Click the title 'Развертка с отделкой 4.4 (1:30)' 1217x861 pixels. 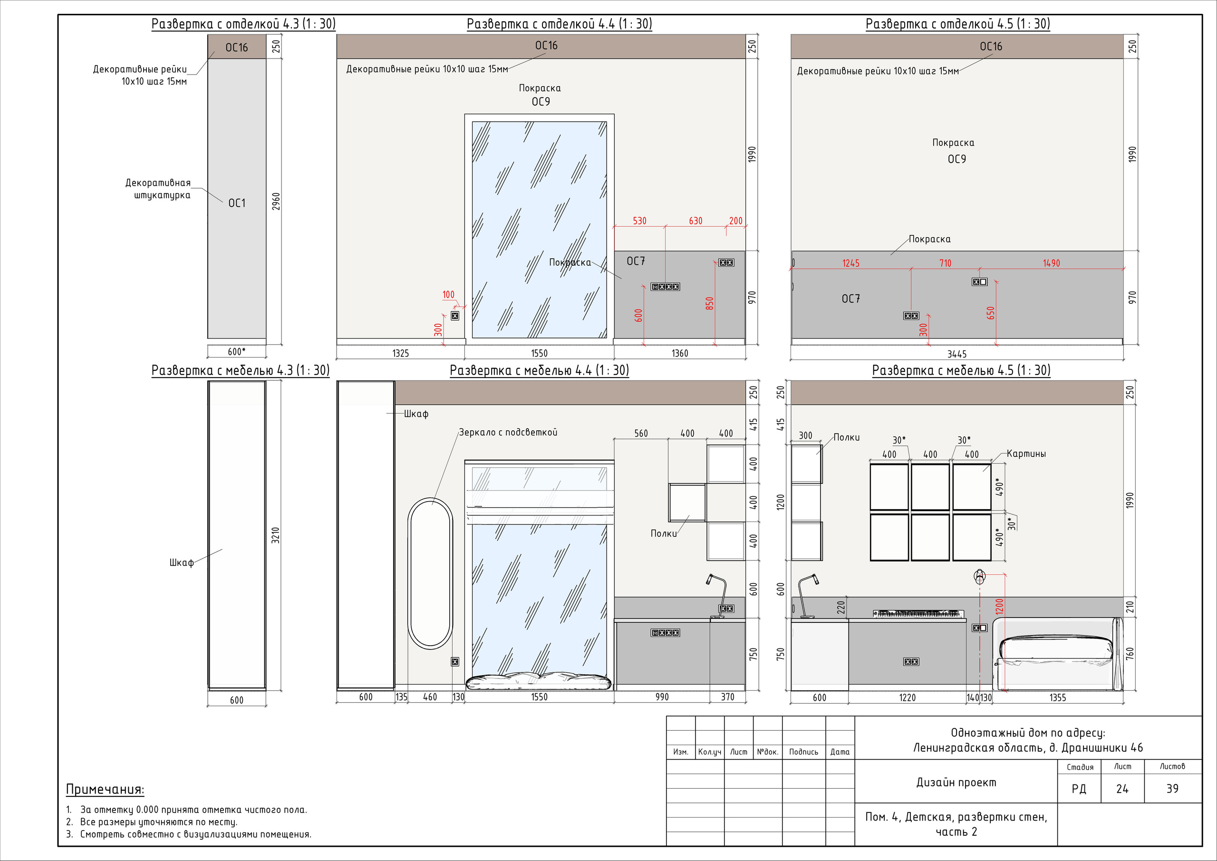559,24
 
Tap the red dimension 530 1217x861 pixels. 639,221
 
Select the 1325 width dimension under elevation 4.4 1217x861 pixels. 400,353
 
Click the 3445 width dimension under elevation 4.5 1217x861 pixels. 957,354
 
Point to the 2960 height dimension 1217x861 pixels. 276,202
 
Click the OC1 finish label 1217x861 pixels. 237,203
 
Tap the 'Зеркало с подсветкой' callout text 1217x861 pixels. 508,432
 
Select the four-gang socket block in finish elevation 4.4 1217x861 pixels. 665,287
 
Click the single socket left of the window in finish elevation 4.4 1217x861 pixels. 455,316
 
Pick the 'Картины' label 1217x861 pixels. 1026,453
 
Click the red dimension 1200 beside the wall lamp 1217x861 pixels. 999,607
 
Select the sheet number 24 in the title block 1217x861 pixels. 1122,789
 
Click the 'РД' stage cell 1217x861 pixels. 1079,789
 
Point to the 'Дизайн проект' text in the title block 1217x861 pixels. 956,783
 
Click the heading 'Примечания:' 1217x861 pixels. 105,789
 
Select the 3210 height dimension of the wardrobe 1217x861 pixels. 275,535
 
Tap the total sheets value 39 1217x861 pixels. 1172,789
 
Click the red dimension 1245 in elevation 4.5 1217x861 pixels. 851,263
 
